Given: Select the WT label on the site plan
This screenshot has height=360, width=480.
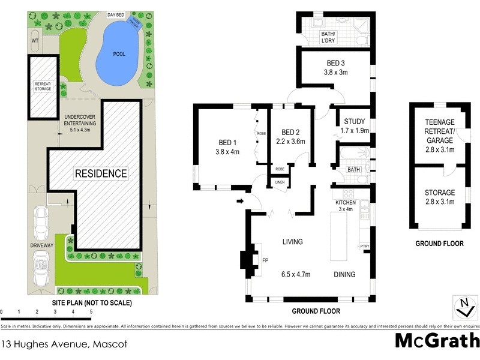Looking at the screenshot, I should click(35, 41).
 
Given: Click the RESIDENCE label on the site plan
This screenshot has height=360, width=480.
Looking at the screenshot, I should click(101, 174).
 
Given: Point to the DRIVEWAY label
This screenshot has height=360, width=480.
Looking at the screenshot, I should click(43, 246).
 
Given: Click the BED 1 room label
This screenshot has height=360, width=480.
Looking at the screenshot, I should click(228, 143).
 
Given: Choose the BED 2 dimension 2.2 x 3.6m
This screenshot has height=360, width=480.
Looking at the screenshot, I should click(290, 142).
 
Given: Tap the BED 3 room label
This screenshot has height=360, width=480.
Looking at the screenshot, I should click(336, 62).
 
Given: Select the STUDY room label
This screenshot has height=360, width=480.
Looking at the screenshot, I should click(354, 121).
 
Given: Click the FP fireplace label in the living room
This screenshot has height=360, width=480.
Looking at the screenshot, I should click(265, 261).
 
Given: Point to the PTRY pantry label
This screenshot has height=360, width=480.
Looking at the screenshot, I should click(364, 246).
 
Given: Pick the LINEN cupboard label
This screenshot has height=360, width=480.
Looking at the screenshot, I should click(280, 182).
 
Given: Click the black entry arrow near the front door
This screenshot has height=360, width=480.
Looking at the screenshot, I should click(241, 201).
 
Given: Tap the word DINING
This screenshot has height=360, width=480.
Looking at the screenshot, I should click(344, 275).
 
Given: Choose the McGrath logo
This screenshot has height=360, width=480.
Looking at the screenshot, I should click(437, 341).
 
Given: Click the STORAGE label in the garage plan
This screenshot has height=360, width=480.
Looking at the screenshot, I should click(440, 193).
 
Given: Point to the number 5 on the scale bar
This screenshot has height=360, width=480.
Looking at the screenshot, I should click(91, 312).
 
